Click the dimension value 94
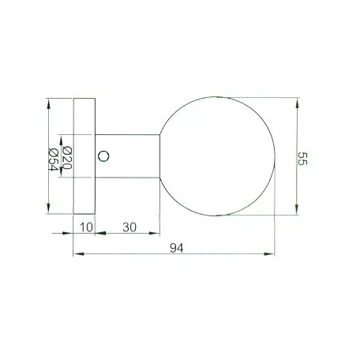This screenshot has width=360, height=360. tap(176, 248)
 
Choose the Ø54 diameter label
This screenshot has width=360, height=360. tap(54, 157)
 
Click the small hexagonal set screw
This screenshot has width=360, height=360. tap(103, 156)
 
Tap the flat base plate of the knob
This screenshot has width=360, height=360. tap(84, 156)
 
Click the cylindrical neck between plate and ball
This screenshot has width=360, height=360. tap(130, 156)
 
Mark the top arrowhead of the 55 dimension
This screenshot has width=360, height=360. tap(297, 101)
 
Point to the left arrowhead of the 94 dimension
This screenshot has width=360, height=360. tap(77, 254)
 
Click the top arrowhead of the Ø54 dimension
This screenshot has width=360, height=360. tap(49, 103)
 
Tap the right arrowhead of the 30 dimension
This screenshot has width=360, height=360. tap(156, 234)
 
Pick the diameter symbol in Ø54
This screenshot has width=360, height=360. tap(54, 149)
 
